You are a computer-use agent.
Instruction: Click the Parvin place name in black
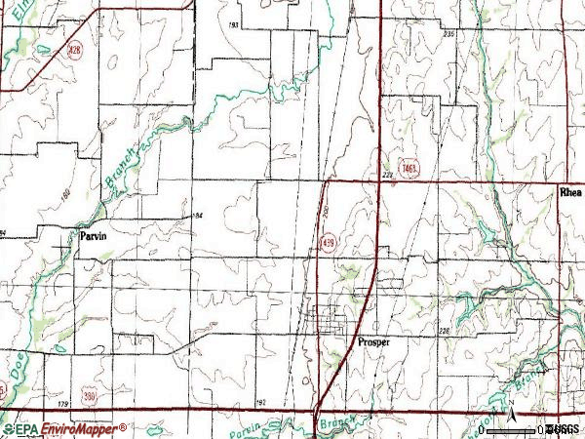[97, 236]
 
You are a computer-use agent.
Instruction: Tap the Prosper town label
[373, 342]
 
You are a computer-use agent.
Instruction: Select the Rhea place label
[570, 193]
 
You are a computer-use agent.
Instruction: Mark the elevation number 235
[448, 34]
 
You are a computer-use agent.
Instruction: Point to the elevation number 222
[387, 176]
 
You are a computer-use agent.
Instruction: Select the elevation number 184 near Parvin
[198, 215]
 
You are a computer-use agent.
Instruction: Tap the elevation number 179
[63, 404]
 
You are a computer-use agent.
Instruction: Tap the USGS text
[563, 429]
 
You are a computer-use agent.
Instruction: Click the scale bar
[512, 429]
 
